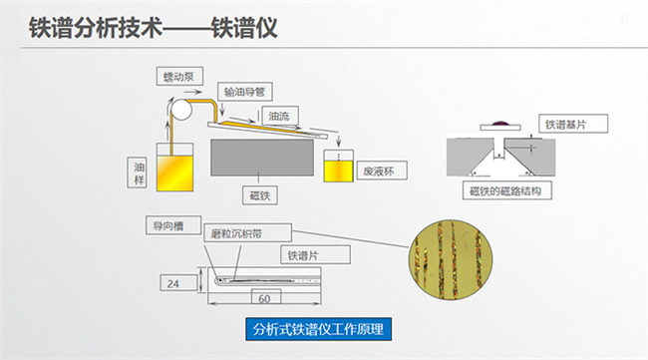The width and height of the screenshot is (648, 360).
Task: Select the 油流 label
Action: (279, 117)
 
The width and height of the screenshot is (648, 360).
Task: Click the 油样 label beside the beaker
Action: (140, 173)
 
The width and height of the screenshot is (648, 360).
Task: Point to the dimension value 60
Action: (264, 299)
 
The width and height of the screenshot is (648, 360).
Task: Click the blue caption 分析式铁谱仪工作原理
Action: (319, 329)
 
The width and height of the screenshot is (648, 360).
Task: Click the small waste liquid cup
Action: (339, 165)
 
